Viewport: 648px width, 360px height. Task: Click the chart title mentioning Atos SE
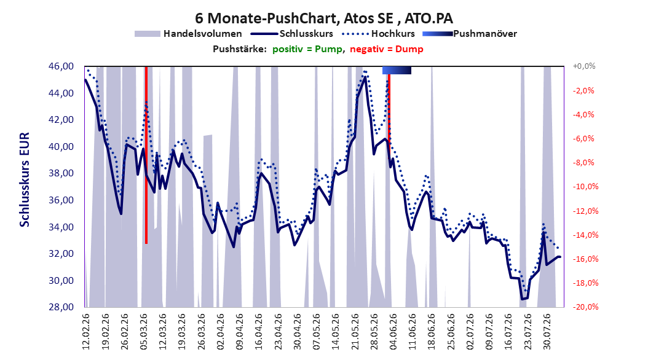(324, 18)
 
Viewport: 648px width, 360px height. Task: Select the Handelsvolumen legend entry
(188, 34)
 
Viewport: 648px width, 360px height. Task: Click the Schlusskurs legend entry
(292, 34)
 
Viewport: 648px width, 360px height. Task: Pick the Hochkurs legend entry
(378, 34)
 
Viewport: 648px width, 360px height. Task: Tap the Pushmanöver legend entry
(470, 34)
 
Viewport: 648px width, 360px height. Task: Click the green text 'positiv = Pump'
(307, 49)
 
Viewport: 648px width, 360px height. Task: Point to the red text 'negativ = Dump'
(387, 49)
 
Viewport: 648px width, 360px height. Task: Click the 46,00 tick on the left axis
(61, 66)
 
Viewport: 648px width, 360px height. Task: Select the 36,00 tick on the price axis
(61, 200)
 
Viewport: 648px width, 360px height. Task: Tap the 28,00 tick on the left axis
(61, 307)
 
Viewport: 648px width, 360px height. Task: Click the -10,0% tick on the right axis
(585, 187)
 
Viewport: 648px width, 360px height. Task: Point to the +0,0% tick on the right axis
(584, 66)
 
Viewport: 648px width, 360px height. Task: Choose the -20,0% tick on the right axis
(585, 307)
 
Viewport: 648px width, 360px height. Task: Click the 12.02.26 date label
(86, 332)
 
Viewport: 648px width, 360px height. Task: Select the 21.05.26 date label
(355, 332)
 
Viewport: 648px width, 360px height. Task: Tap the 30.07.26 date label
(547, 332)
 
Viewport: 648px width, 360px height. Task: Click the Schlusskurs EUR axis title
(25, 179)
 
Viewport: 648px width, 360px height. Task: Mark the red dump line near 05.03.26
(146, 155)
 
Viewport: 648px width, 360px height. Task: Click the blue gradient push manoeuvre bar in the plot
(397, 70)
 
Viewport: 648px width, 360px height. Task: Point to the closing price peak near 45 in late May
(364, 77)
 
